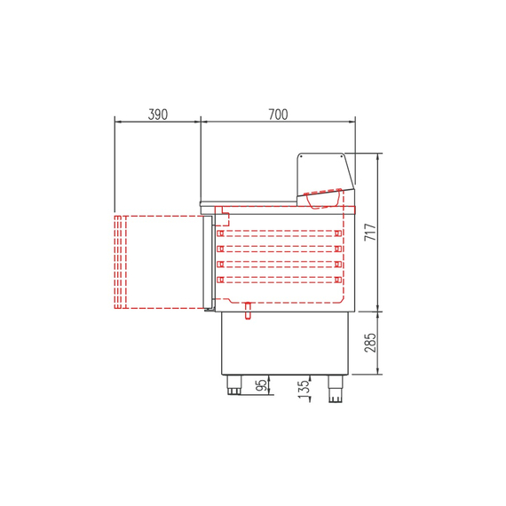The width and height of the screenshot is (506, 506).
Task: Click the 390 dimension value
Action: (x=158, y=114)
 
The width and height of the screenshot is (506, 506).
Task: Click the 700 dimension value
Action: (x=278, y=114)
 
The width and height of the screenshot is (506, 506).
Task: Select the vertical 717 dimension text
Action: (x=371, y=233)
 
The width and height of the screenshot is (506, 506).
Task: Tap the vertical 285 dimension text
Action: (x=371, y=342)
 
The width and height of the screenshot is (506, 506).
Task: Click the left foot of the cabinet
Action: (x=235, y=385)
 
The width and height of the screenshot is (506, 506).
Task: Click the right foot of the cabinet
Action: (x=336, y=389)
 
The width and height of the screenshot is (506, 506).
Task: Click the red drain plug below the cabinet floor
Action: (x=249, y=310)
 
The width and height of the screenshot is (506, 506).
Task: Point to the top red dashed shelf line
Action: (x=279, y=233)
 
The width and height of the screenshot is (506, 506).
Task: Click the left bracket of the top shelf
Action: (x=219, y=233)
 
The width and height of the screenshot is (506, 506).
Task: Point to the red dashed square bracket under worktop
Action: (x=224, y=217)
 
